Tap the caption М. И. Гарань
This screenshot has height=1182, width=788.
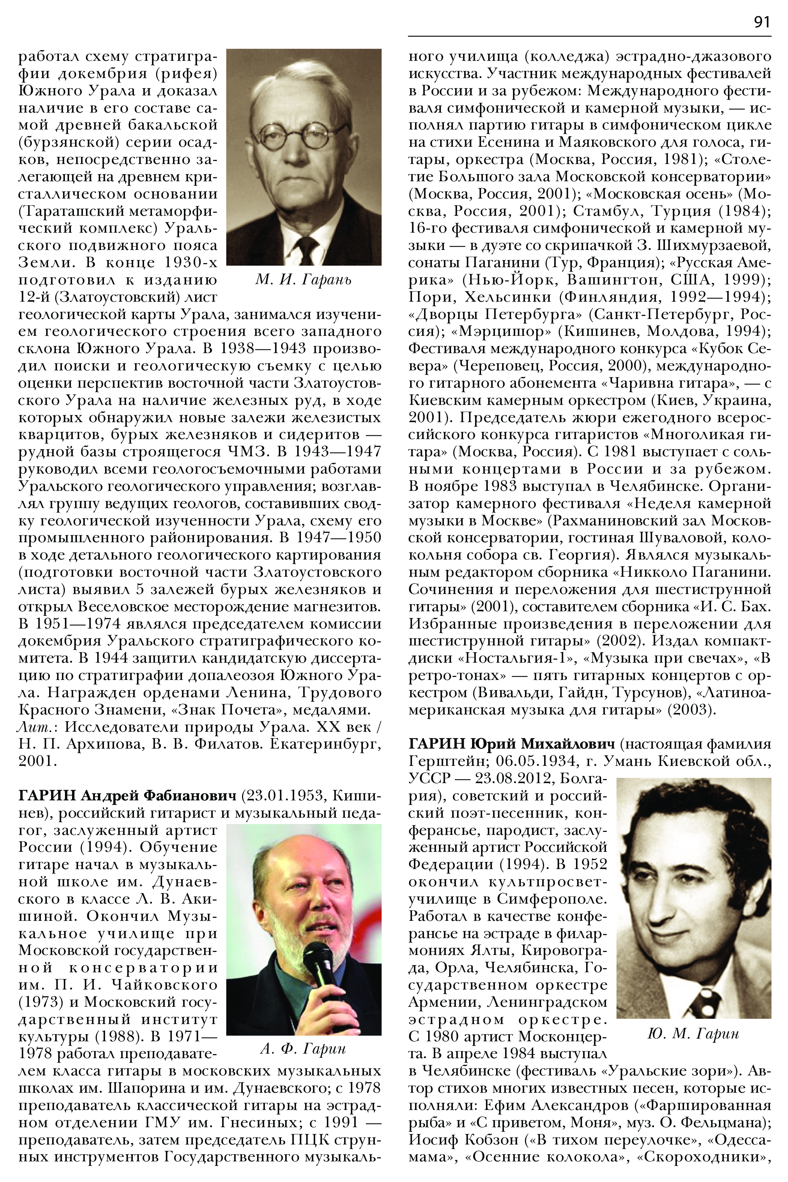(304, 280)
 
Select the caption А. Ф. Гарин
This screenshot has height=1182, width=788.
(303, 1048)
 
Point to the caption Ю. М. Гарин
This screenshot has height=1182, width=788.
(693, 1033)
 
